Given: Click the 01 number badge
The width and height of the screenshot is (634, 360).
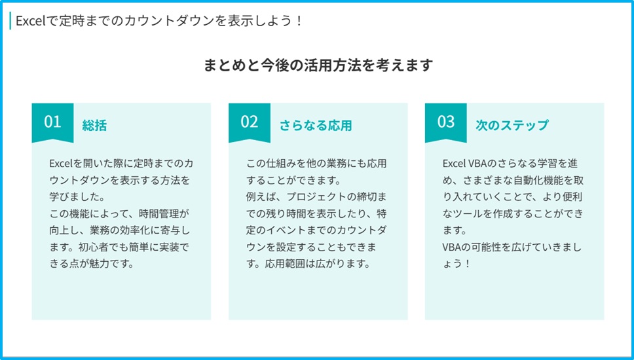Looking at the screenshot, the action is click(x=52, y=122).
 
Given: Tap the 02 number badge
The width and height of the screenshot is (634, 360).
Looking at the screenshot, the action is click(x=249, y=122).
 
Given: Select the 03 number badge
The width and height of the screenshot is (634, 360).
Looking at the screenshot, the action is click(x=445, y=122).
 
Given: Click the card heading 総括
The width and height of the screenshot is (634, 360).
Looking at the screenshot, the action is click(x=94, y=125).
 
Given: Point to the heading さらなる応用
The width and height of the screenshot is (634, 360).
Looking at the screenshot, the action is click(x=316, y=125).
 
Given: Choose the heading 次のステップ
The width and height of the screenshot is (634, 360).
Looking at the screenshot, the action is click(x=512, y=125).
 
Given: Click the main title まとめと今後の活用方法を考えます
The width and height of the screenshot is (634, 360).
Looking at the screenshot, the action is click(x=318, y=65).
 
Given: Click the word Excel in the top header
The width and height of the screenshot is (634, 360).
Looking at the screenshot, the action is click(x=30, y=21).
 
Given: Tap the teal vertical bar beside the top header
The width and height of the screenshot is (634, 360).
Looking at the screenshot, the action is click(x=10, y=21).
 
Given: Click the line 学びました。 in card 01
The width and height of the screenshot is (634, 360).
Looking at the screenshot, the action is click(x=77, y=197).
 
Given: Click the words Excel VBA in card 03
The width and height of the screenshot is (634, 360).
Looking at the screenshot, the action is click(x=466, y=163).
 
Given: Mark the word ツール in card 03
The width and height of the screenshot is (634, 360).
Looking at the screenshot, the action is click(x=468, y=213).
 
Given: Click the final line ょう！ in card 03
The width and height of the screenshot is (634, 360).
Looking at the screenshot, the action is click(x=457, y=264).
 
